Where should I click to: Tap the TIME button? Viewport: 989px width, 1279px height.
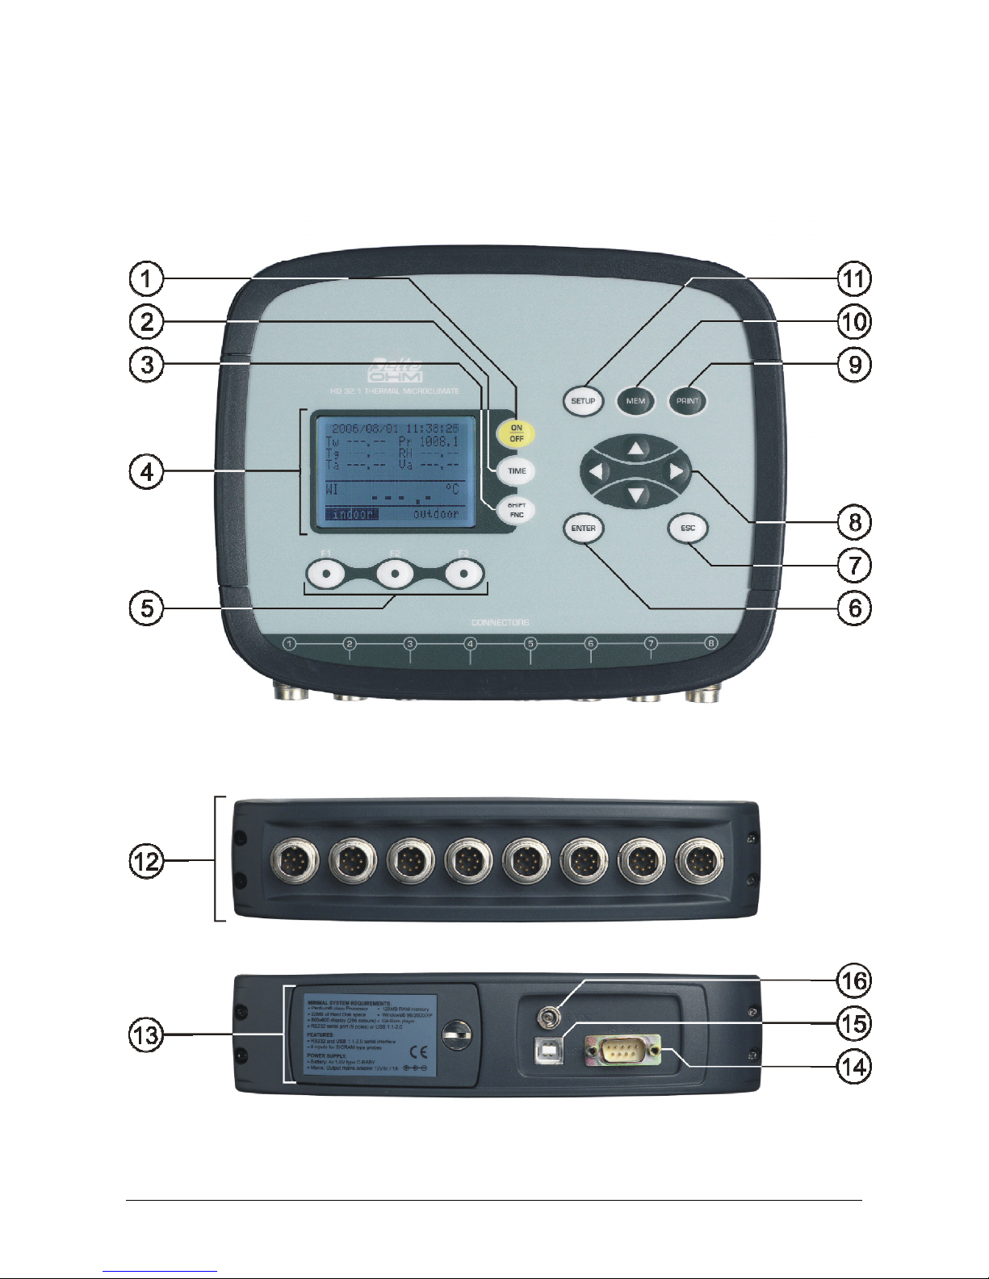pos(517,471)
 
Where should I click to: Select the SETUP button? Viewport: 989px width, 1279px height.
pos(583,401)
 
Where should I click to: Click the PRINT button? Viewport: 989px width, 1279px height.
pos(688,401)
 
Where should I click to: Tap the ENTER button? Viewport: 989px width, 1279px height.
pos(583,529)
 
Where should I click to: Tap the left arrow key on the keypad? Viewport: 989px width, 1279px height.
pos(596,472)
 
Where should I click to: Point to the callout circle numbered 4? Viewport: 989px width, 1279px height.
pos(147,471)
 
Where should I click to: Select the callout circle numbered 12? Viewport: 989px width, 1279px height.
pos(147,861)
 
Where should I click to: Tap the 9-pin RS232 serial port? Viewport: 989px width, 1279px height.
pos(623,1051)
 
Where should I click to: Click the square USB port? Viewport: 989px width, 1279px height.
pos(549,1051)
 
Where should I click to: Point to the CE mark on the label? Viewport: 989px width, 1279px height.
pos(419,1051)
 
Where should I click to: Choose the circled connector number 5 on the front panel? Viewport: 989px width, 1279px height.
pos(530,644)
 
